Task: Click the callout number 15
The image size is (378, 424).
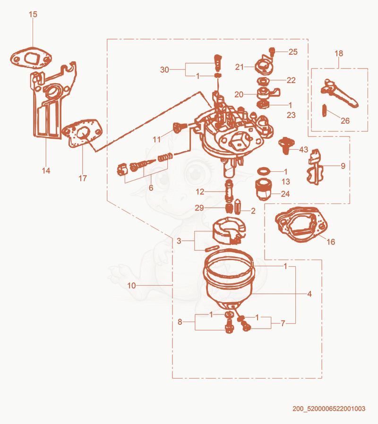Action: pos(33,14)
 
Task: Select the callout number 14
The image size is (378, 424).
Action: pos(46,170)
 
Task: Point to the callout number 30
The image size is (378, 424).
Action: pos(164,70)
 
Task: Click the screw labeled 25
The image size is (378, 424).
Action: pos(272,51)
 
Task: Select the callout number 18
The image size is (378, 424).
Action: pos(339,53)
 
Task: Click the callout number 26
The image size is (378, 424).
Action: pos(345,120)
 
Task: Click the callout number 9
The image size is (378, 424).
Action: pos(343,166)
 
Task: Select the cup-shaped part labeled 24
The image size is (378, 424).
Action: pos(264,189)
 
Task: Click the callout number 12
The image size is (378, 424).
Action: pos(200,192)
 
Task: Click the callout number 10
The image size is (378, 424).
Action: pos(131,286)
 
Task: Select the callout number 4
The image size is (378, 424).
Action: pos(309,294)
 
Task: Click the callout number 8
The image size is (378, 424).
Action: pos(180,322)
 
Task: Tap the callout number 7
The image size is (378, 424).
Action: pos(283,323)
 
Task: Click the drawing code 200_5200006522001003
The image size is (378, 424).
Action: pos(329,408)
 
